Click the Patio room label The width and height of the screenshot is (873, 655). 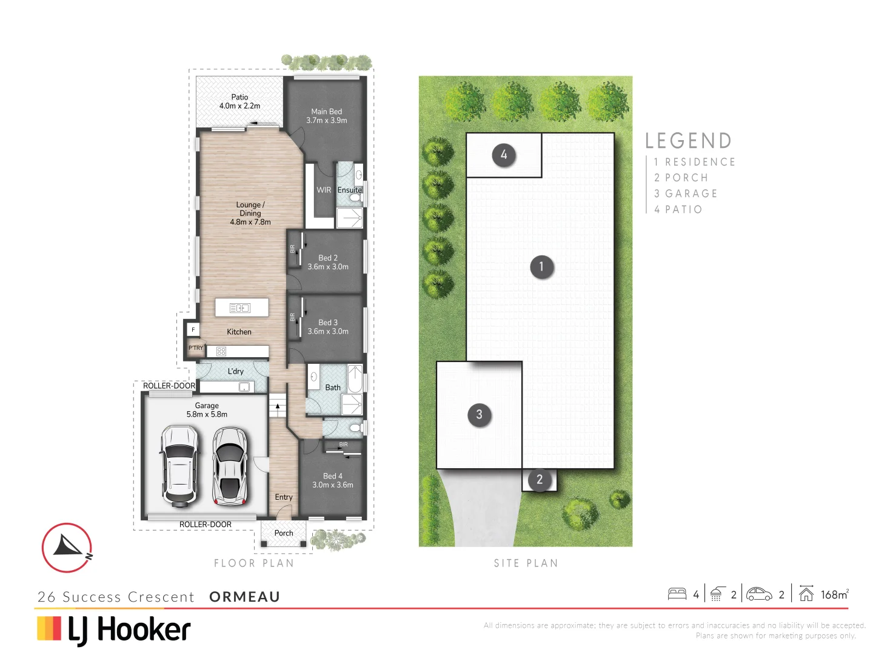[x=239, y=97]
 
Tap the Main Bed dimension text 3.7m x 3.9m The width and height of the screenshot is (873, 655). [x=327, y=121]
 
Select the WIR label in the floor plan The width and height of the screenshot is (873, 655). [x=324, y=190]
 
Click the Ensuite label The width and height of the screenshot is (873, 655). [x=349, y=190]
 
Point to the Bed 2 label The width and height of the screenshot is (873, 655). [x=328, y=258]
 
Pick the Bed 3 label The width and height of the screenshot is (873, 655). [x=328, y=323]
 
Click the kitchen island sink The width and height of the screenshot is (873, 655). [x=240, y=308]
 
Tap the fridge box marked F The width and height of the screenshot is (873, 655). [x=193, y=330]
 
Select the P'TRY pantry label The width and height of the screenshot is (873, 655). [x=196, y=348]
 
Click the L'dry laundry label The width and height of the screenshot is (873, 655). [x=236, y=371]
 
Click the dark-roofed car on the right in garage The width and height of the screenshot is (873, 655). [x=230, y=466]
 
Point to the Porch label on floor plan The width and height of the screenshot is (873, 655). [x=283, y=533]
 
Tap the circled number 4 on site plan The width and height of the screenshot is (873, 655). [x=504, y=155]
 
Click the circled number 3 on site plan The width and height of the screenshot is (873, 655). [x=480, y=415]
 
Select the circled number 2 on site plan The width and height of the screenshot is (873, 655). [x=540, y=480]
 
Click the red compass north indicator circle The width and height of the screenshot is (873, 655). [x=67, y=548]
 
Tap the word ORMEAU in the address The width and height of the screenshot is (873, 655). [x=244, y=597]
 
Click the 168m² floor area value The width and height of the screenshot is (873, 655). [x=834, y=595]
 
